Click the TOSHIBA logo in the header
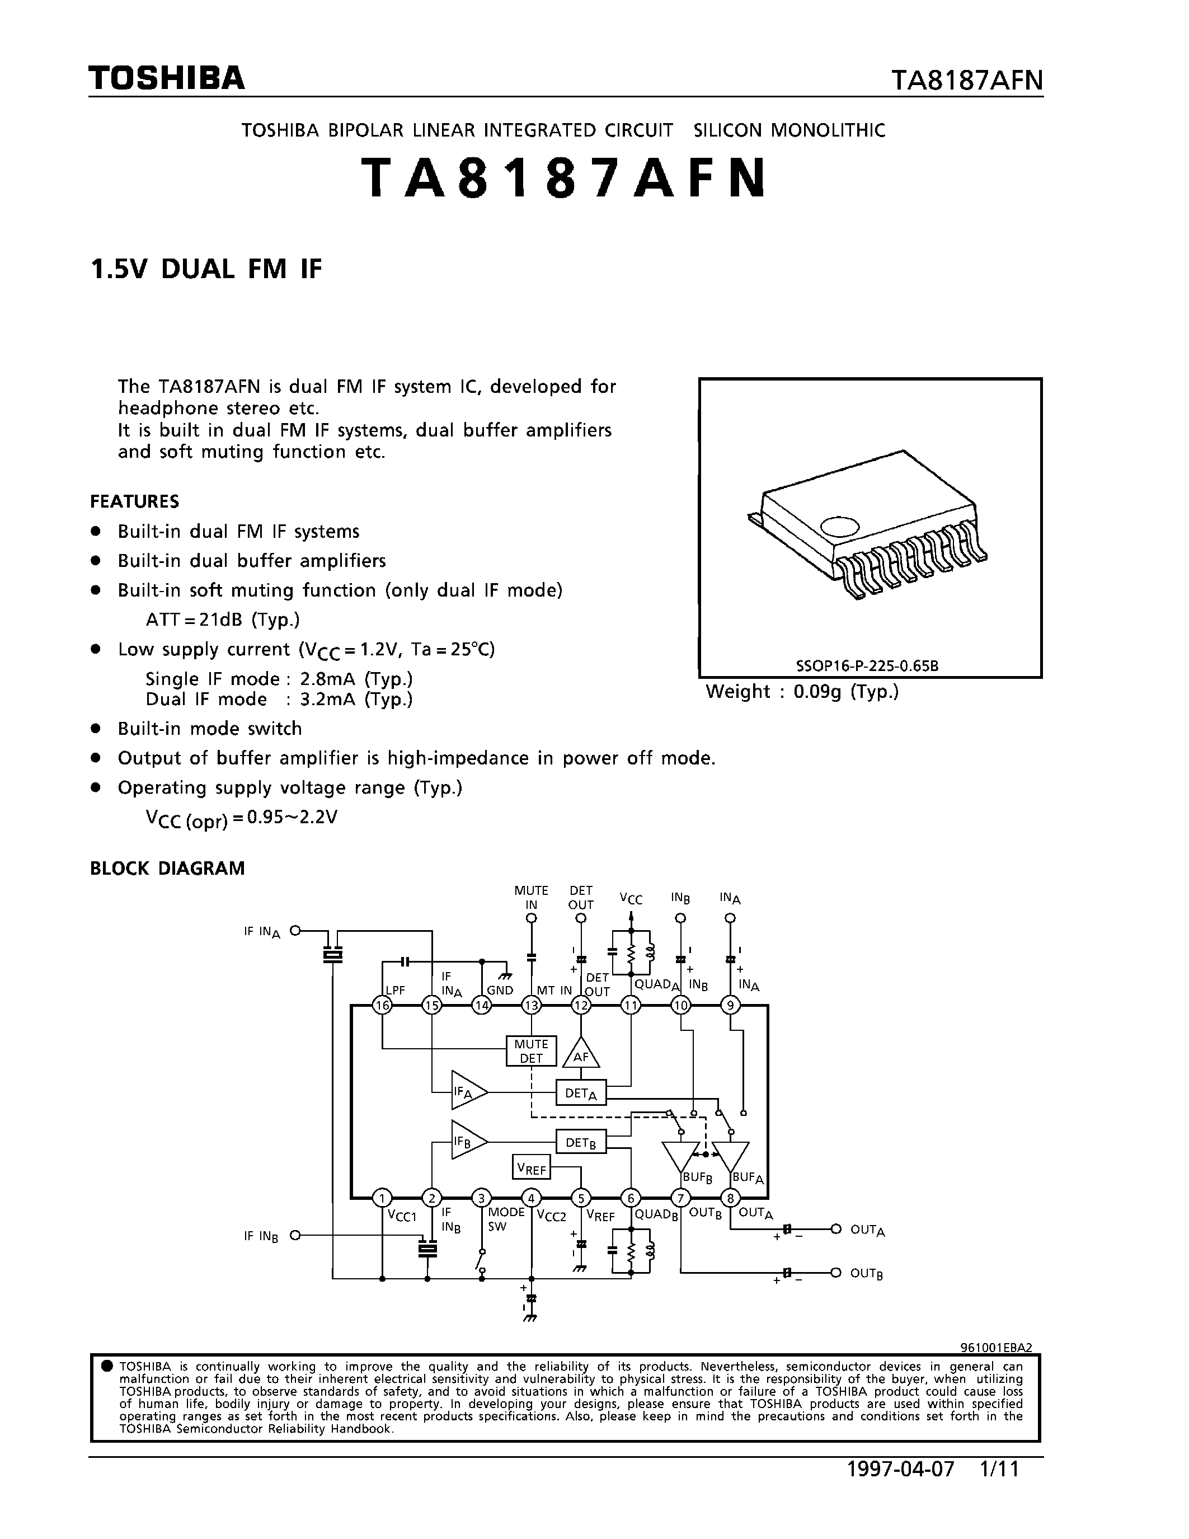(x=166, y=78)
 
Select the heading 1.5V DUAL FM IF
(x=206, y=269)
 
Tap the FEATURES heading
(x=134, y=502)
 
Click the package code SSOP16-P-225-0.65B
(x=867, y=665)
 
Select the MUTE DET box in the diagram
(x=531, y=1050)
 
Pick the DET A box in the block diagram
(x=580, y=1093)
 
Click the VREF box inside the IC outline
(x=531, y=1169)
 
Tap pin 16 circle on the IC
(x=383, y=1006)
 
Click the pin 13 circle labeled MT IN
(x=531, y=1006)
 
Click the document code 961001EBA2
(x=996, y=1348)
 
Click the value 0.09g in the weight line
(x=817, y=691)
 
